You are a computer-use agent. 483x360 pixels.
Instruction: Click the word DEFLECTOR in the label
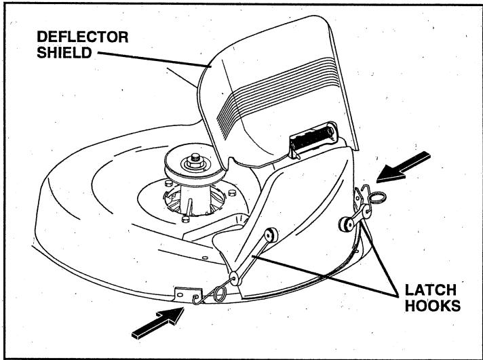pos(83,37)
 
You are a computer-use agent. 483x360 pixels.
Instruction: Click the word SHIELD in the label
pos(64,52)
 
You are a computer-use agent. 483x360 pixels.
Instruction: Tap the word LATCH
pos(430,290)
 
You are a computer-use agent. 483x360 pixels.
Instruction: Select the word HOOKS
pos(433,306)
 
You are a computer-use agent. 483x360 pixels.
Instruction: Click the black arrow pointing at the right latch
pos(403,167)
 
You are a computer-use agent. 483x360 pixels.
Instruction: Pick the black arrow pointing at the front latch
pos(157,323)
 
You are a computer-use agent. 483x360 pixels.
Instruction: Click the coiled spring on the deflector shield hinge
pos(311,137)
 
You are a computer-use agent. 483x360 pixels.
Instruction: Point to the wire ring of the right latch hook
pos(377,197)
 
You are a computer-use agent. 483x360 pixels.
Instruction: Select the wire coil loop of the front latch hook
pos(220,294)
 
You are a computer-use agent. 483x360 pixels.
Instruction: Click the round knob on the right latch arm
pos(345,224)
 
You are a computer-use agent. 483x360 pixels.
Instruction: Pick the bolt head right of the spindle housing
pos(232,193)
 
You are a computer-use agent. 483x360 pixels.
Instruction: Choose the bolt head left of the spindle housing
pos(168,184)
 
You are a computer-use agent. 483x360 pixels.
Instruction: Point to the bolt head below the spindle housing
pos(185,219)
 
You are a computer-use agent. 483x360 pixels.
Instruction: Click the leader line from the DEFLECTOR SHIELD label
pos(155,59)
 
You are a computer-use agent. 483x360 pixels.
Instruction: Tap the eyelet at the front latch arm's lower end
pos(235,279)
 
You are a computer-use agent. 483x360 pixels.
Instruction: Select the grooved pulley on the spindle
pos(195,168)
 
